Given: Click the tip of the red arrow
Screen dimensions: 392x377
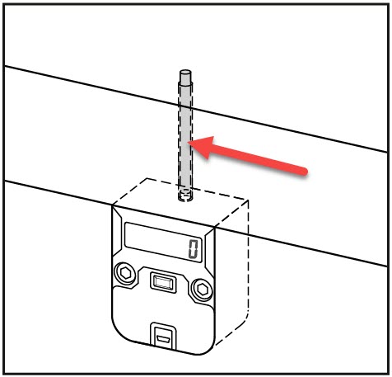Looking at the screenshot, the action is point(188,142).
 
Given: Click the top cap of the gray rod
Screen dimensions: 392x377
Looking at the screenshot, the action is point(185,73).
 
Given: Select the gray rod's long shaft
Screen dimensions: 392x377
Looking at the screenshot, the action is point(185,134).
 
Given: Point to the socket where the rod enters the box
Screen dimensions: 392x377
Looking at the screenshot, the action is point(185,195).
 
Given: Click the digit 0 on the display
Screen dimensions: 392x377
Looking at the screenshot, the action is point(193,249).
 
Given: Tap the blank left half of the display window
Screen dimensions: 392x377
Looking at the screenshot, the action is point(154,238).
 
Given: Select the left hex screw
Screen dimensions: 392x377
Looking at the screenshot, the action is point(125,274).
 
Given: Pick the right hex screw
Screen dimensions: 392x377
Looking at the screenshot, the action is point(203,289).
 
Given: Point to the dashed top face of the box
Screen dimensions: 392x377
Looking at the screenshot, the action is point(180,203).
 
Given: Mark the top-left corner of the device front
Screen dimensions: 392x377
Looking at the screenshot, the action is point(113,205).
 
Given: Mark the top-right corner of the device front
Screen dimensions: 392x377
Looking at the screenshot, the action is point(215,228).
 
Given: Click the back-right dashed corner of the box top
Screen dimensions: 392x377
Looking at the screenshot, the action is point(249,200).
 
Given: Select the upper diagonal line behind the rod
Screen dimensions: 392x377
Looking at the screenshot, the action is point(196,109).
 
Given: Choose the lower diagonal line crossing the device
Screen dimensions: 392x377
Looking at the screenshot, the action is point(196,224).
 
